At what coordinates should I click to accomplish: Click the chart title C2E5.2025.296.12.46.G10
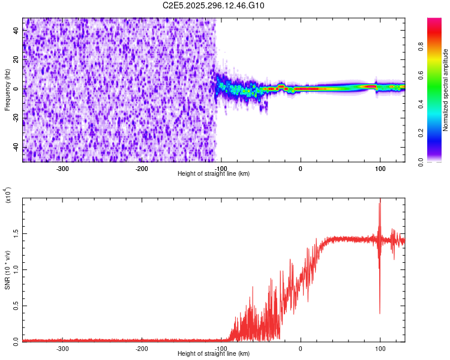pos(214,6)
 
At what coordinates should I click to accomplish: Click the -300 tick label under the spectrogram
pos(63,168)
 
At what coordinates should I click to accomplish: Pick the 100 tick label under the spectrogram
pos(380,168)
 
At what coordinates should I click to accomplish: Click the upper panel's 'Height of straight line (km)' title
pos(214,173)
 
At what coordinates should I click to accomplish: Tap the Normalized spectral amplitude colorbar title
pos(446,90)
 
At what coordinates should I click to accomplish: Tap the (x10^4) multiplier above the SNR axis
pos(8,195)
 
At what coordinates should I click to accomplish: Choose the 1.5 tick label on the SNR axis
pos(16,233)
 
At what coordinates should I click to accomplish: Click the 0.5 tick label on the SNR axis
pos(16,305)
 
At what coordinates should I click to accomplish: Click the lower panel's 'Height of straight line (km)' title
pos(214,353)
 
